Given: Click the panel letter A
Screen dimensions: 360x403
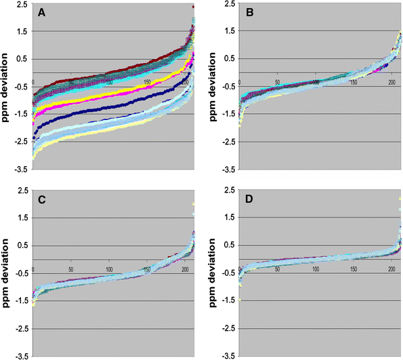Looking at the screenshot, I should (41, 12).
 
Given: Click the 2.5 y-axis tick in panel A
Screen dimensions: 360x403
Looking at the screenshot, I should (23, 4).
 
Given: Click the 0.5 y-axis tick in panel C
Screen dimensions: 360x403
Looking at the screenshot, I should (23, 246).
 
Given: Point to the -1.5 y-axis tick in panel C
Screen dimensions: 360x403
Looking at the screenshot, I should (22, 301).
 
